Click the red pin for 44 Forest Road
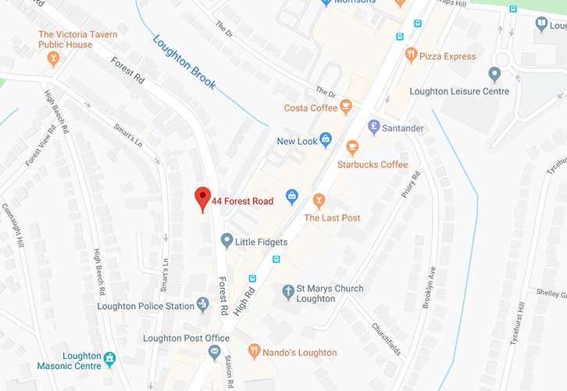pos(203,198)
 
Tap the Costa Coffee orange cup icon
pos(346,107)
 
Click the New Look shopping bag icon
pos(326,141)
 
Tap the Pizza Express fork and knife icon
pos(411,55)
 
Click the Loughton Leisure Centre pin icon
pos(494,75)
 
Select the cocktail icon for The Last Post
pos(318,201)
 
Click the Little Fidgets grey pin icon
pos(226,241)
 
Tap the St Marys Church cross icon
pos(287,292)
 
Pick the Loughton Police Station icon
pos(203,304)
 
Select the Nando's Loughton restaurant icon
pos(253,352)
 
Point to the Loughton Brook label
pos(184,62)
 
